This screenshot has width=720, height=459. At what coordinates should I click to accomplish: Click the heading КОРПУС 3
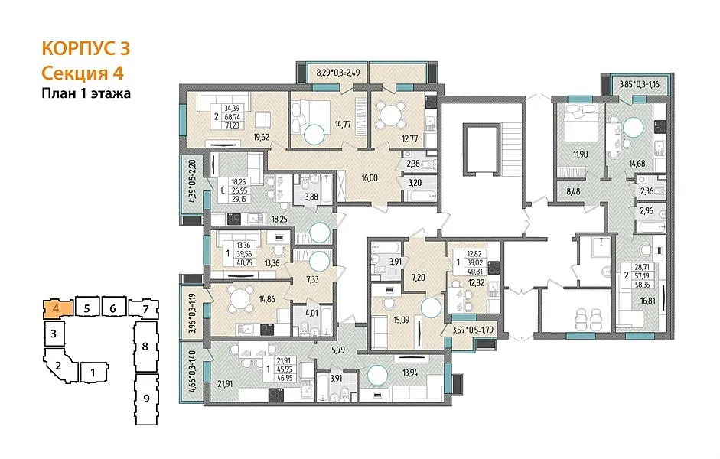click(86, 48)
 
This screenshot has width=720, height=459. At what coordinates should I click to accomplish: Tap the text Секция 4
click(83, 73)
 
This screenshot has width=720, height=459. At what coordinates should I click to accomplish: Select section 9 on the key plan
click(146, 399)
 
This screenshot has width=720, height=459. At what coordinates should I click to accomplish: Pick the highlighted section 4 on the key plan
click(57, 308)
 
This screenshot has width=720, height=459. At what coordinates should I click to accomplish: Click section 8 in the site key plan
click(145, 347)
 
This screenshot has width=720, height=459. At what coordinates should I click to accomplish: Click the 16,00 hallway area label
click(370, 177)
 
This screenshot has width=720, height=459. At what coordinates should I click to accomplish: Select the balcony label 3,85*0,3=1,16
click(640, 84)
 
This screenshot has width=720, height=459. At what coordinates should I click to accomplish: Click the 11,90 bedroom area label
click(580, 155)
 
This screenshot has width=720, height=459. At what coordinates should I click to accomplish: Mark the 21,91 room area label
click(225, 384)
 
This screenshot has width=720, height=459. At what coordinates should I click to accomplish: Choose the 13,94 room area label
click(411, 373)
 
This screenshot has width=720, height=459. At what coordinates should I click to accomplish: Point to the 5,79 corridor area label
click(338, 350)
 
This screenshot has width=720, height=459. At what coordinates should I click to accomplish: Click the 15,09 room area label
click(401, 320)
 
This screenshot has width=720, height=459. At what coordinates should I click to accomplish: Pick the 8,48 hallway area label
click(572, 192)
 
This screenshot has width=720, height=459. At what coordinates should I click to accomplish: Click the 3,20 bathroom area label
click(415, 183)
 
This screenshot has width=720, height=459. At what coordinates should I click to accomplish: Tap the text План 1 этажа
click(86, 93)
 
